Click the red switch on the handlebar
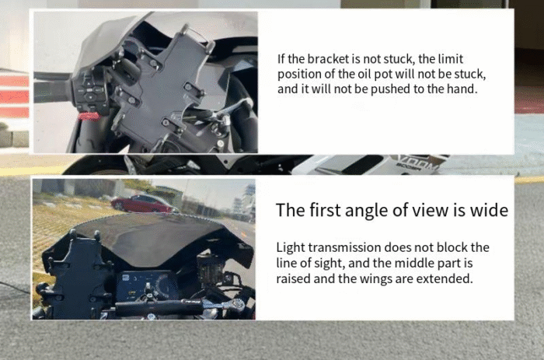(x=89, y=117)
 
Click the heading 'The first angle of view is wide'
(x=392, y=211)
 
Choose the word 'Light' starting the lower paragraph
(x=291, y=247)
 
